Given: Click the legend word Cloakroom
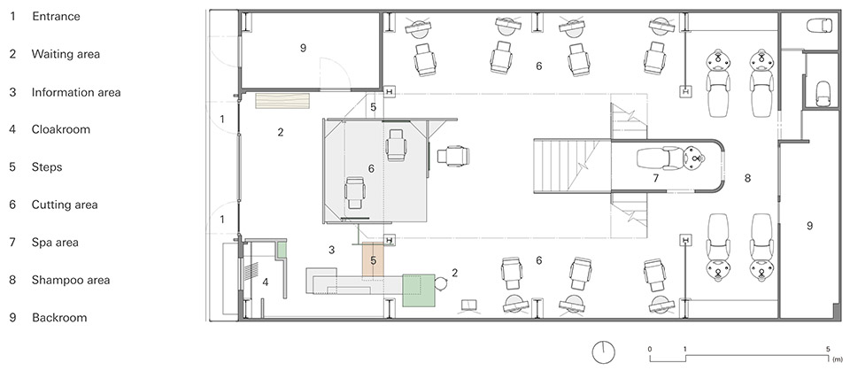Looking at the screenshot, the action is pos(61,129).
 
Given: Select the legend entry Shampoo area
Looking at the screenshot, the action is pos(71,280).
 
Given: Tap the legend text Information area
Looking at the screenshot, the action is pos(76,92).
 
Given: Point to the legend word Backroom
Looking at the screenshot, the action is pos(59,317).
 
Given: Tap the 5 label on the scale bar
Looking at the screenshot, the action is pos(828,349).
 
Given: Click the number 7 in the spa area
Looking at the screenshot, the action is pos(655,178).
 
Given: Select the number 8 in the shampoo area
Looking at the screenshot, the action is pos(747,178).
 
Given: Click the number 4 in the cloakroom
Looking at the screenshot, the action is pos(266,282).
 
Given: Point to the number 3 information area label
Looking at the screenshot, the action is pos(332,250).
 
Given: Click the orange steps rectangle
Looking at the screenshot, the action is pos(373,259).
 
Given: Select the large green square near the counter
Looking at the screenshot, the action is pos(419,290).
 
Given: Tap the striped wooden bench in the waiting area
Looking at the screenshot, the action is pos(282,100).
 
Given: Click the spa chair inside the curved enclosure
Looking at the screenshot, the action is pos(670,158).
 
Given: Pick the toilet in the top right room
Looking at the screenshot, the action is pos(819,26).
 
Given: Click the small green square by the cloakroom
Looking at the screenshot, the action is pos(282,250).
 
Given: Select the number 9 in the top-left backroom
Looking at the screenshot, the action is pos(303,49).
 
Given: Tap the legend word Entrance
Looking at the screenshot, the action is pos(56,16).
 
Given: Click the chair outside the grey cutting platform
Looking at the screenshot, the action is pos(453,156).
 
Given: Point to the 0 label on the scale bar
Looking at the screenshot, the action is pos(649,349).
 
